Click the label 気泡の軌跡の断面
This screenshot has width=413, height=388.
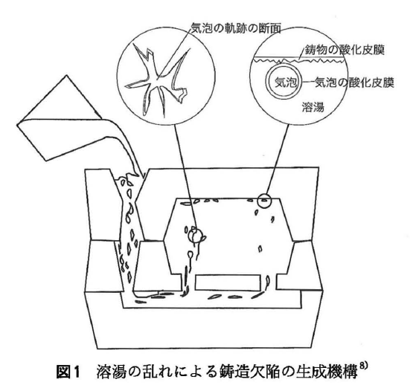pos(236,28)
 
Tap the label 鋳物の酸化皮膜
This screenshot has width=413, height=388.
pos(345,50)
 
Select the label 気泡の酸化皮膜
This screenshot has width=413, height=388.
pos(354,83)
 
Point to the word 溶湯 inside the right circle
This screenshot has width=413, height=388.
pos(313,107)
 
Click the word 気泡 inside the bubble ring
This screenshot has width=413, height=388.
pos(286,83)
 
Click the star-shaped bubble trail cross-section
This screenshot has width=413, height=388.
pos(158,79)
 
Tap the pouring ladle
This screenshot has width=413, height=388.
pos(60,118)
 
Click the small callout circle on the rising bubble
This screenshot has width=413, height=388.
pos(196,235)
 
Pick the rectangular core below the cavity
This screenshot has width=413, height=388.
pos(228,282)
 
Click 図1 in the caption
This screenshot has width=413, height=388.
pos(68,372)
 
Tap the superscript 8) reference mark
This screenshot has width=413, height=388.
pos(362,366)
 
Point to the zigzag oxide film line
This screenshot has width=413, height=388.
pos(298,61)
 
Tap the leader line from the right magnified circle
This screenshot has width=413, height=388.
pos(278,159)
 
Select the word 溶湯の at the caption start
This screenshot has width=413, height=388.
pos(118,372)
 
